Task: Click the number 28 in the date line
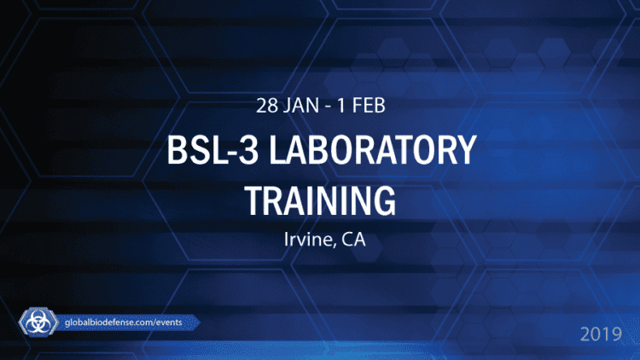click(x=268, y=107)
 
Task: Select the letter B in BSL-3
click(x=176, y=155)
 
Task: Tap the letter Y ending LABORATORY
click(x=463, y=155)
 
